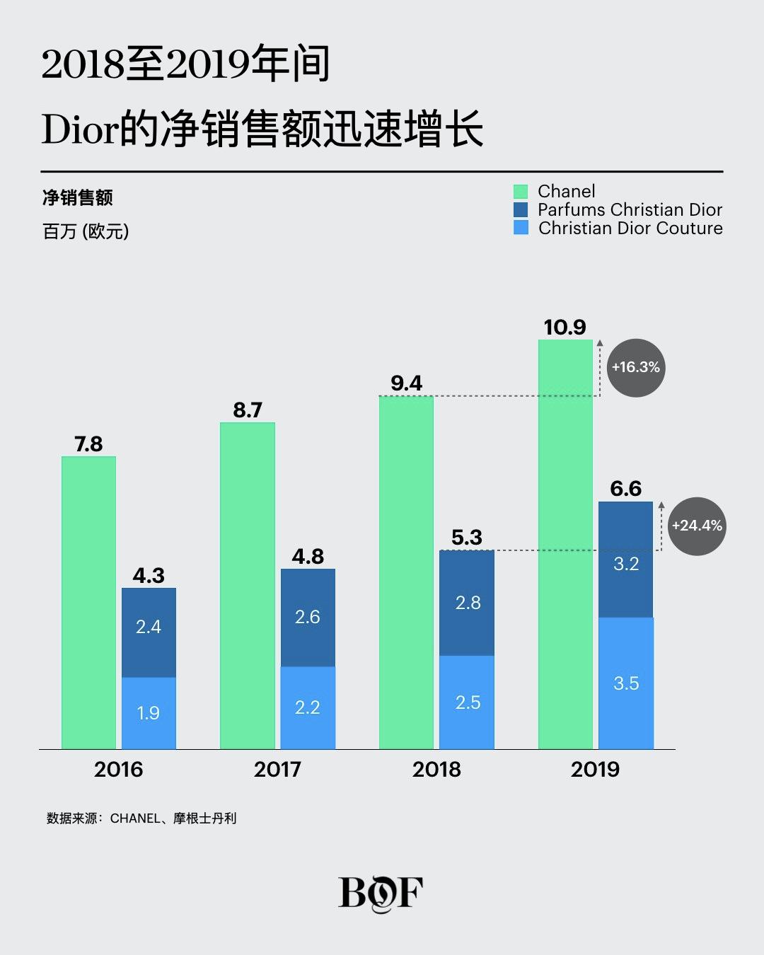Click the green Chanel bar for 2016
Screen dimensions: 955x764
tap(88, 601)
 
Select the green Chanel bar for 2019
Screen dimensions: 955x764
tap(565, 545)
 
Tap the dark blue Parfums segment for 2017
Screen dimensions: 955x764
tap(308, 618)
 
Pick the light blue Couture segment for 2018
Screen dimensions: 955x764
tap(467, 702)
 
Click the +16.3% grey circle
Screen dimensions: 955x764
tap(636, 367)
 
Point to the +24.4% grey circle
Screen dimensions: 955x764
tap(697, 526)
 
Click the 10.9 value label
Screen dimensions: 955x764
tap(565, 328)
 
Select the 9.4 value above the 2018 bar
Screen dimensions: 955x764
tap(406, 383)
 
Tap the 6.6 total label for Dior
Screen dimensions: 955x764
tap(625, 488)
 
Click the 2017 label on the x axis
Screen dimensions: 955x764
tap(277, 769)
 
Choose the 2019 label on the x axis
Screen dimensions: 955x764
tap(595, 769)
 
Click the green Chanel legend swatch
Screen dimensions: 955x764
tap(521, 192)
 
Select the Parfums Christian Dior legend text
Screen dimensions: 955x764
tap(630, 209)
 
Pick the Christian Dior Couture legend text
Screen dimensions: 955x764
tap(630, 228)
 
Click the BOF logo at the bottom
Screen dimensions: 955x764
tap(381, 893)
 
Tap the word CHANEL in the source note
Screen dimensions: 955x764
tap(135, 818)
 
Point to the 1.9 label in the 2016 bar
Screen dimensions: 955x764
tap(148, 712)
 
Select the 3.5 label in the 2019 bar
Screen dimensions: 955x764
tap(626, 683)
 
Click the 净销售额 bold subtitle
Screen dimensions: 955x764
tap(77, 197)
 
